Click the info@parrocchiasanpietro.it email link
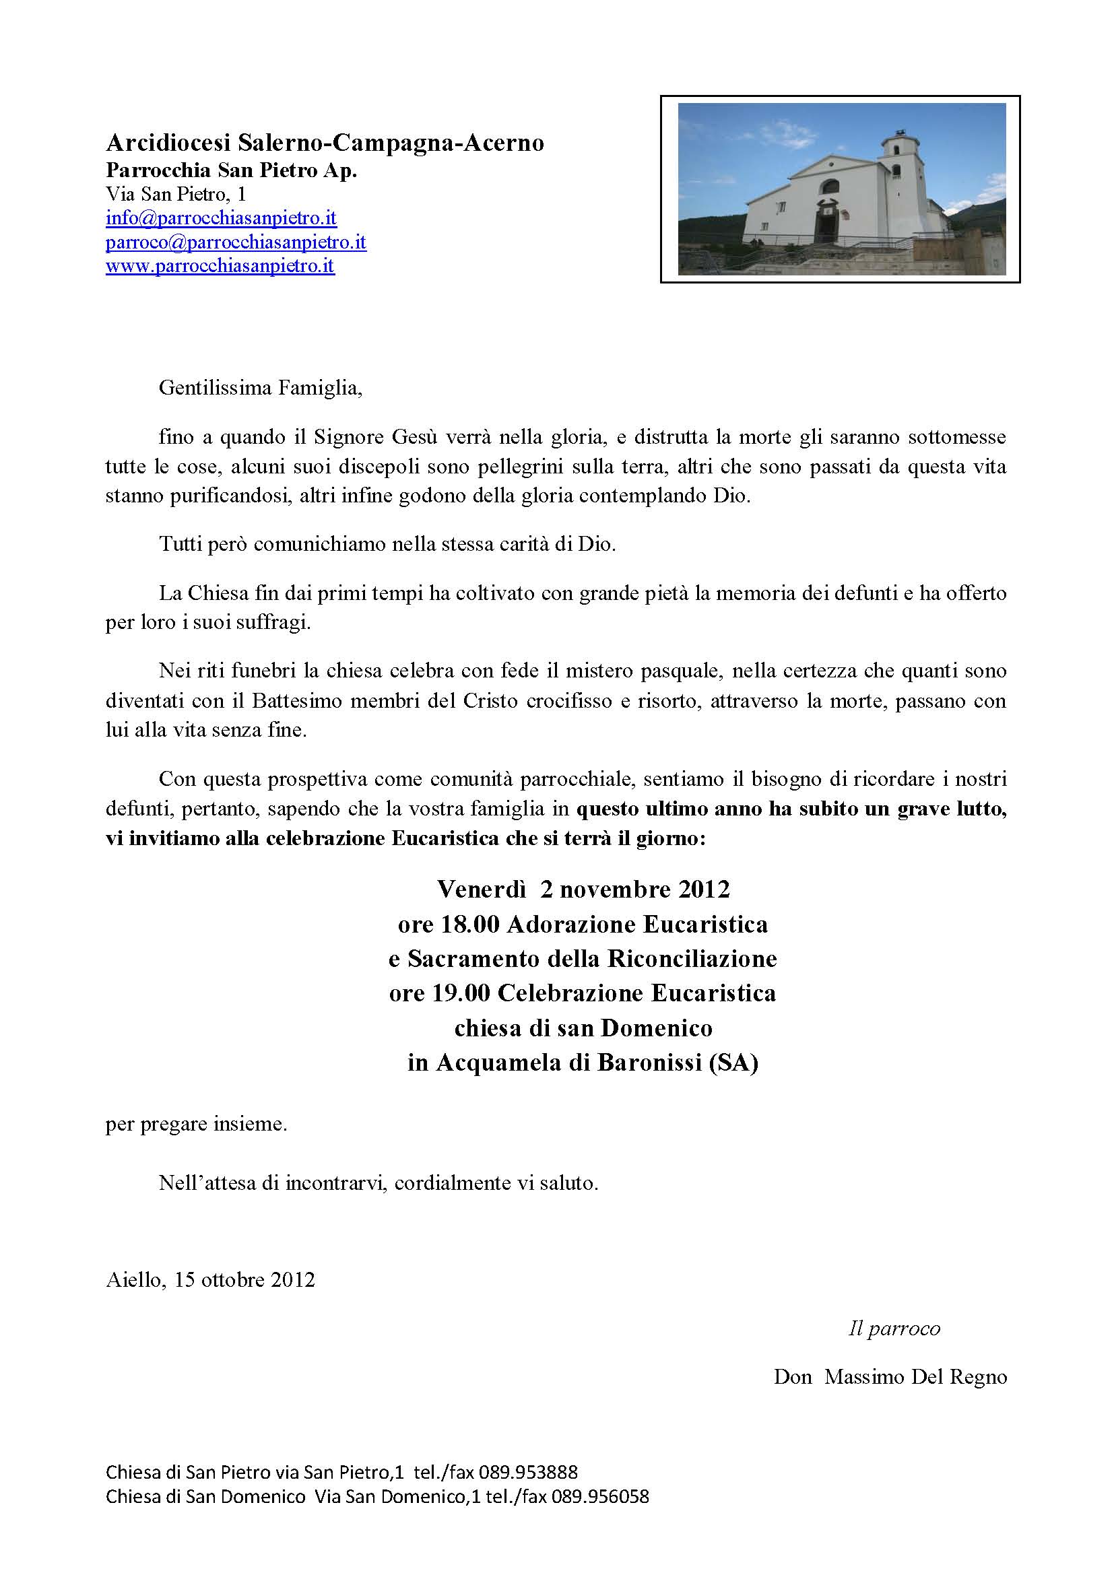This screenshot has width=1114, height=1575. point(221,219)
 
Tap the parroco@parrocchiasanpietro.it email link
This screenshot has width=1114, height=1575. point(235,242)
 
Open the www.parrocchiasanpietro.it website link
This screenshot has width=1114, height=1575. point(220,266)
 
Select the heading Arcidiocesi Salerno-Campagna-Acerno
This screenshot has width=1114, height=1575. point(325,143)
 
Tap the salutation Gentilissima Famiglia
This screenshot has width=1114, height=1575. point(260,389)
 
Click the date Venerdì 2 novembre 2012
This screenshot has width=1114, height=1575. point(583,890)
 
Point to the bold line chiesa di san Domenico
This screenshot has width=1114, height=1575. point(583,1028)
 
